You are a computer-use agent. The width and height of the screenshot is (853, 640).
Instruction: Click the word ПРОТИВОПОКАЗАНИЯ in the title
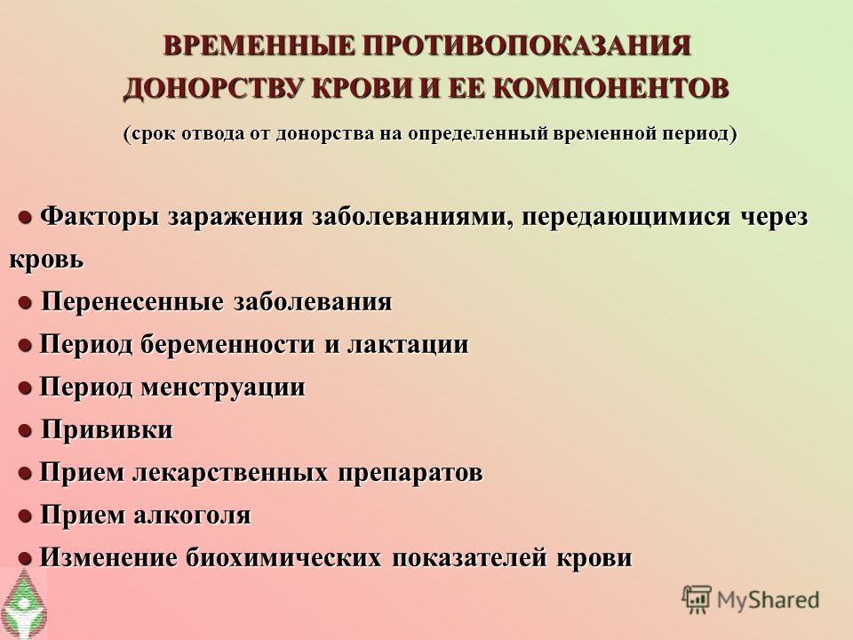527,45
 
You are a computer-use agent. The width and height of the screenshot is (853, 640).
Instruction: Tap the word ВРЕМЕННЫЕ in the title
259,45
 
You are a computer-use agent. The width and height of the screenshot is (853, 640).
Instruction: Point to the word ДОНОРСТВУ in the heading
212,88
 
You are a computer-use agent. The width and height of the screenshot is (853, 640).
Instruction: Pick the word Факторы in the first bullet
100,216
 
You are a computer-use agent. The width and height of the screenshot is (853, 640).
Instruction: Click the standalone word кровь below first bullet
47,259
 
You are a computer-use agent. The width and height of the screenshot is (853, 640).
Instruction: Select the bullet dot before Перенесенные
25,302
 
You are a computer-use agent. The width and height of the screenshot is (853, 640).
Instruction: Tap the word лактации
408,345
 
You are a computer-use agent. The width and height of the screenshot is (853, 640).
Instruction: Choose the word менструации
223,388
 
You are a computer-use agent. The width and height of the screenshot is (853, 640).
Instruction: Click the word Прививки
108,430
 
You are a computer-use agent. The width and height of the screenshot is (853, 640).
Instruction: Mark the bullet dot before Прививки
25,431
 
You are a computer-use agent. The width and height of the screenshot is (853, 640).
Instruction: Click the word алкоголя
193,516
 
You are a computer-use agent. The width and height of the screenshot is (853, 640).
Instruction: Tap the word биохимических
283,558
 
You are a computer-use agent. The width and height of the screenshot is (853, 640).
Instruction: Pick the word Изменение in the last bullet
108,558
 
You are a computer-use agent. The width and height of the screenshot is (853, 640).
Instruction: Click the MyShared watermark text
768,600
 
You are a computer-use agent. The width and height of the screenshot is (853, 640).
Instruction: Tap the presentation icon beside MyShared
697,600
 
